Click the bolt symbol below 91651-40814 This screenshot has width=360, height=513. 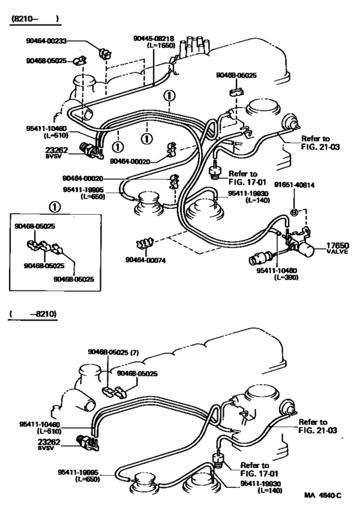click(x=293, y=212)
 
